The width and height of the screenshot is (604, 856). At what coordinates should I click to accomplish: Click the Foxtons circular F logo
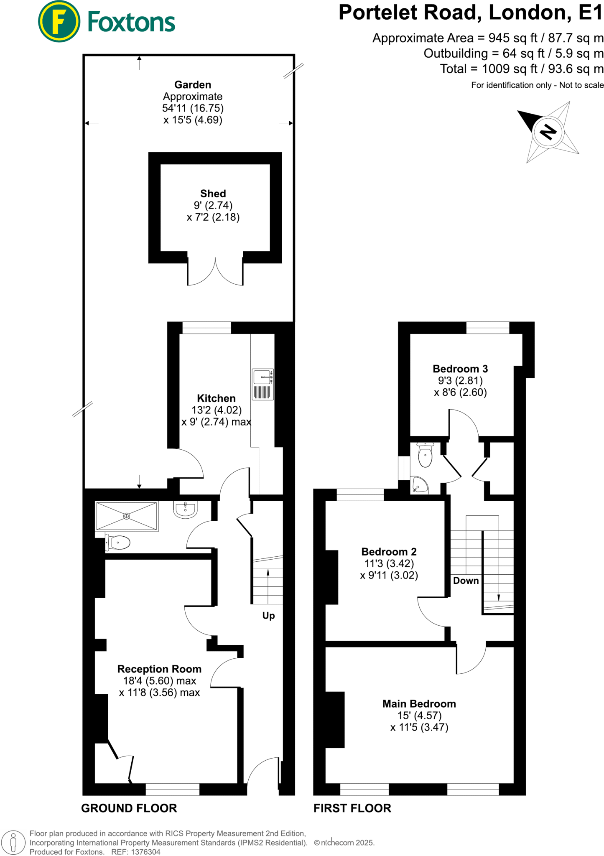tap(59, 21)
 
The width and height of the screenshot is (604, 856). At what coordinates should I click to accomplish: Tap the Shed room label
tap(213, 194)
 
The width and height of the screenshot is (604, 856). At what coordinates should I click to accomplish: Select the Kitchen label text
tap(216, 398)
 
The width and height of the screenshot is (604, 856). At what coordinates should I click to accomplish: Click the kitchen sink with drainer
tap(263, 385)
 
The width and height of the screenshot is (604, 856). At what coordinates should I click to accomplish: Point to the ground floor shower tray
tap(127, 516)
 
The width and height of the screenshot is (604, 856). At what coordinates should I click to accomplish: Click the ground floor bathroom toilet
tap(118, 543)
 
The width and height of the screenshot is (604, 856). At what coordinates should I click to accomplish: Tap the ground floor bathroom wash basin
tap(185, 510)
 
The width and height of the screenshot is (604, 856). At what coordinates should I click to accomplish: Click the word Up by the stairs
tap(268, 616)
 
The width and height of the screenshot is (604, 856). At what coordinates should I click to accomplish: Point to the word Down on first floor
tap(466, 581)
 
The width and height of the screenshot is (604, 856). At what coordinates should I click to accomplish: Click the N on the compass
tap(548, 132)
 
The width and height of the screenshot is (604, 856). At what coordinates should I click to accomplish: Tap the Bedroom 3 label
tap(460, 369)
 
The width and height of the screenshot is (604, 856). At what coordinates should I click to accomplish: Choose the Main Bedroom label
tap(419, 704)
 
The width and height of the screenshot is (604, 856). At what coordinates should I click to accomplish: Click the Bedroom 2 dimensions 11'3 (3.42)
tap(389, 563)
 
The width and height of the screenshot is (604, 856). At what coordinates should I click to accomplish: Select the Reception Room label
tap(159, 669)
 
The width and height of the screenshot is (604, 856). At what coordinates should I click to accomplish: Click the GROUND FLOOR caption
tap(129, 808)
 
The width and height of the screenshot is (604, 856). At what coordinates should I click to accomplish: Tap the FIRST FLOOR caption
tap(352, 808)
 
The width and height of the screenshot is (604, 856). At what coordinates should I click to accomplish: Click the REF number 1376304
tap(145, 852)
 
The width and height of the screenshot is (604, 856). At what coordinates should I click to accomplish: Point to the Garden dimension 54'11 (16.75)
tap(193, 108)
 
